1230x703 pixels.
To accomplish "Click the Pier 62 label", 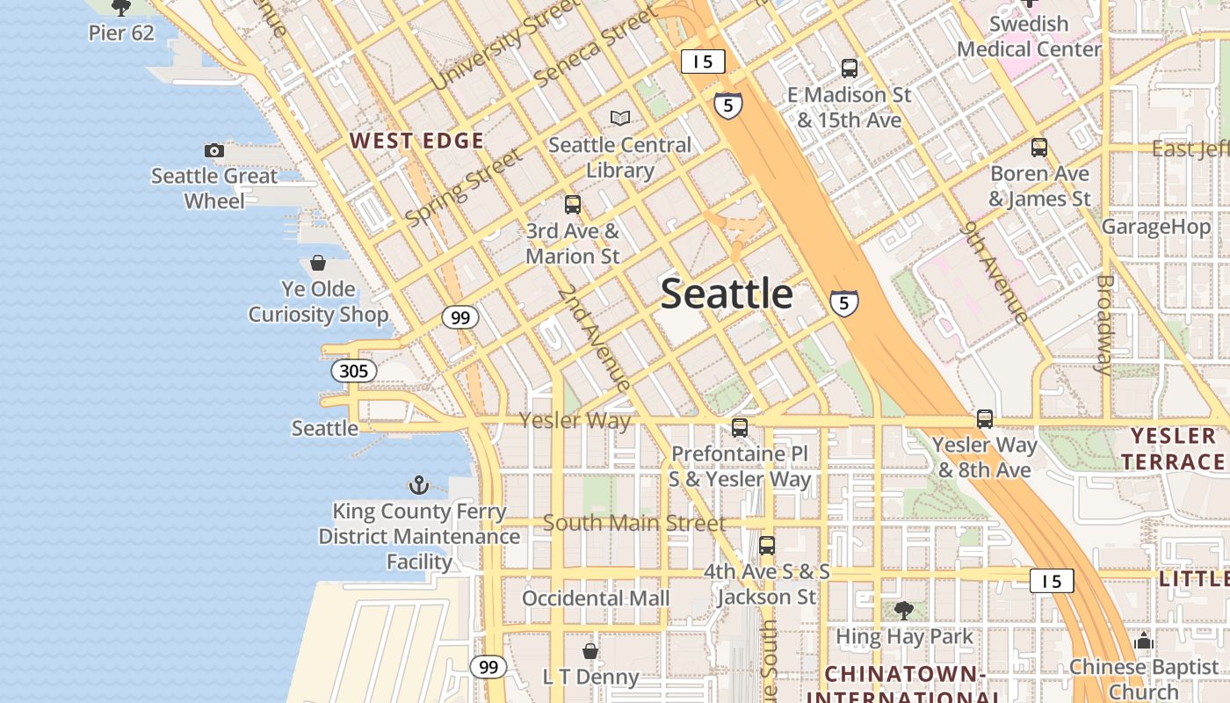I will [121, 33].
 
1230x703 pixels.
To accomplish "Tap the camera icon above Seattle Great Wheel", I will [213, 150].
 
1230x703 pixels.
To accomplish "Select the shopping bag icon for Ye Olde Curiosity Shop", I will [318, 263].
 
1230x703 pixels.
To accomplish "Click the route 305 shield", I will [354, 371].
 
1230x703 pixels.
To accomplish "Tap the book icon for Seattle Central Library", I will [620, 118].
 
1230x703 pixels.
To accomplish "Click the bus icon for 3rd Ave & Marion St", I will [573, 205].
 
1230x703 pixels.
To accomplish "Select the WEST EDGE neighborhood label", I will [416, 141].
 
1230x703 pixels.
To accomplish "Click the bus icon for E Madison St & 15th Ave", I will [850, 68].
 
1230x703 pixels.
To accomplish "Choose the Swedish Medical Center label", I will [1029, 36].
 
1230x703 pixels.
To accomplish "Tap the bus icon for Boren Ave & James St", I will [1039, 148].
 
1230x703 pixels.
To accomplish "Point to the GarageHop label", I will [1156, 227].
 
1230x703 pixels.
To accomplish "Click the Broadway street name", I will [1104, 324].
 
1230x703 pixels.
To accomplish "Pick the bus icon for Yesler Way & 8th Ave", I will [985, 419].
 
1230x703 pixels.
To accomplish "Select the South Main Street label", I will [634, 523].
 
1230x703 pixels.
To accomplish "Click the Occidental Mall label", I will [596, 598].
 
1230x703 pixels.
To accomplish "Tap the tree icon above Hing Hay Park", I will [904, 611].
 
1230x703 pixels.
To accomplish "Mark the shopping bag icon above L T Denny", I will [590, 651].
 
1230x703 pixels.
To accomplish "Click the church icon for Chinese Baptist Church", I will [1144, 641].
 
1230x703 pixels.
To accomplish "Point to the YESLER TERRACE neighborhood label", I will [1173, 448].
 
